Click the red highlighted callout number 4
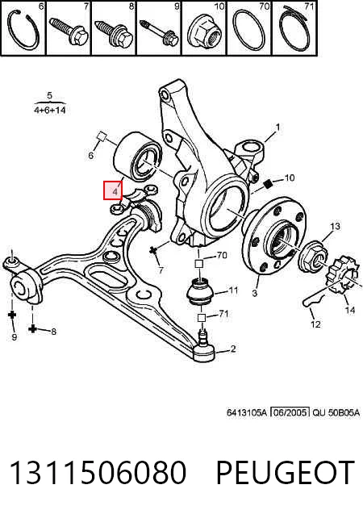(x=115, y=191)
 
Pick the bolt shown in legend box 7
(x=69, y=31)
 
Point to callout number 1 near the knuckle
(x=277, y=127)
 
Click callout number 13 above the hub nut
(x=335, y=226)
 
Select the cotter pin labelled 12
(x=314, y=299)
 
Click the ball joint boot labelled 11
(x=199, y=290)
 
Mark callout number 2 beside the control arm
(x=233, y=349)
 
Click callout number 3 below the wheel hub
(x=255, y=292)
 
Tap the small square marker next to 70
(x=199, y=263)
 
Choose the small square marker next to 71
(x=201, y=317)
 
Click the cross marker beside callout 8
(x=32, y=328)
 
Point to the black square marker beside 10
(x=269, y=184)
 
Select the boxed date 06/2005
(x=290, y=412)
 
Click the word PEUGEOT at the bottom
(x=286, y=472)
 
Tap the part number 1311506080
(x=98, y=472)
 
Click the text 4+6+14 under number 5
(x=50, y=110)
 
